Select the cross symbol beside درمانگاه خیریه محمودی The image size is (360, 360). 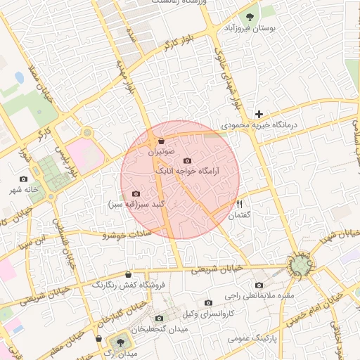tap(259, 113)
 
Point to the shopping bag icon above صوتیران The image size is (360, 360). tap(162, 140)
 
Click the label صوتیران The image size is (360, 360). tap(162, 151)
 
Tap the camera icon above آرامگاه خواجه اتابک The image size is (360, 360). tap(186, 161)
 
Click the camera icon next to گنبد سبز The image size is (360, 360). tap(136, 193)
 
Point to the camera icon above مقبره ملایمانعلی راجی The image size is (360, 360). tap(259, 285)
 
